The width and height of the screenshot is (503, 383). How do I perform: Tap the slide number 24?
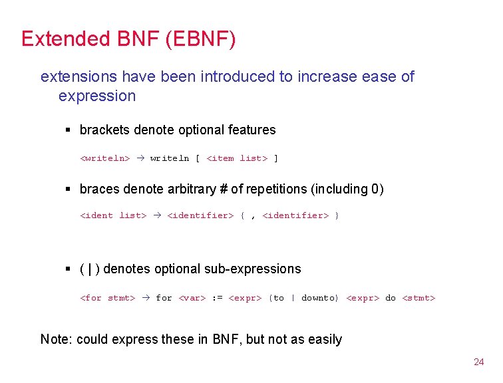pyautogui.click(x=478, y=362)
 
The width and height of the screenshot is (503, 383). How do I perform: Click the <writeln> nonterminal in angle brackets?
pyautogui.click(x=104, y=158)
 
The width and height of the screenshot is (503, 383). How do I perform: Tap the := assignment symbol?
pyautogui.click(x=217, y=298)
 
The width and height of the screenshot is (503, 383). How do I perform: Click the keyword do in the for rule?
pyautogui.click(x=391, y=298)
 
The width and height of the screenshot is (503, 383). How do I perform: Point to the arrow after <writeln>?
pyautogui.click(x=140, y=158)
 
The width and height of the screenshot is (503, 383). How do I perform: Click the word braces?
pyautogui.click(x=99, y=190)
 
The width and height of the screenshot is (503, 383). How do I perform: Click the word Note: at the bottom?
pyautogui.click(x=57, y=340)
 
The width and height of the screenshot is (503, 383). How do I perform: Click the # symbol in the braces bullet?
pyautogui.click(x=223, y=190)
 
